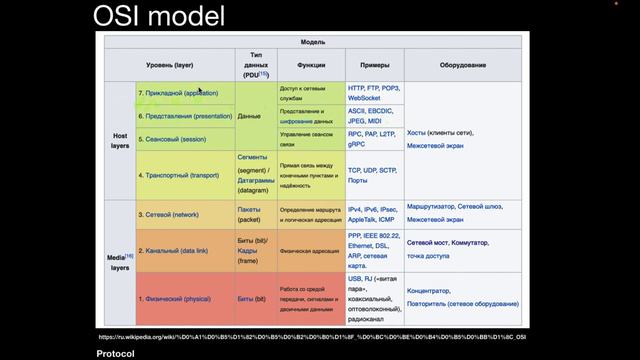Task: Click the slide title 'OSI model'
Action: tap(159, 16)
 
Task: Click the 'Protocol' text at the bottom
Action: tap(116, 353)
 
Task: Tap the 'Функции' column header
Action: tap(311, 65)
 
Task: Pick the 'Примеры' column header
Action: tap(367, 65)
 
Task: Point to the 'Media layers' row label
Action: tap(119, 263)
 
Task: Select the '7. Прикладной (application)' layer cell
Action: tap(178, 93)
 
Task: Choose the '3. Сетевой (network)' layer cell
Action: tap(168, 213)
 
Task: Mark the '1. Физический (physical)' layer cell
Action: tap(174, 298)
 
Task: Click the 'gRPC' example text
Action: tap(357, 144)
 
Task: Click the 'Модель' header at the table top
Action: tap(312, 42)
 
